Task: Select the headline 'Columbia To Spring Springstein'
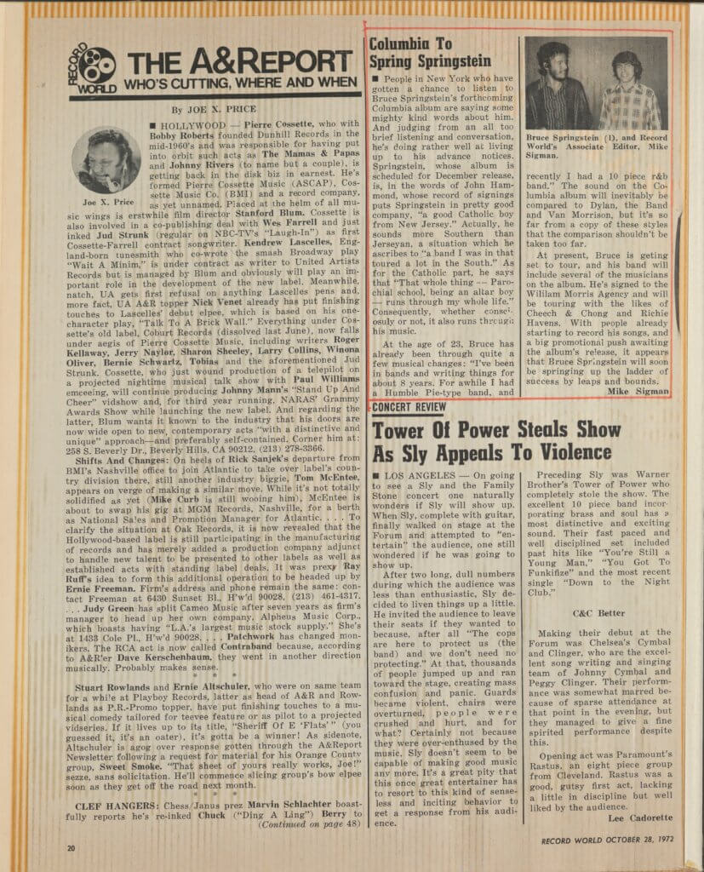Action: (x=429, y=53)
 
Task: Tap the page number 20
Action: (x=72, y=847)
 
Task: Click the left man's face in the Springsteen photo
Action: (x=553, y=62)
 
